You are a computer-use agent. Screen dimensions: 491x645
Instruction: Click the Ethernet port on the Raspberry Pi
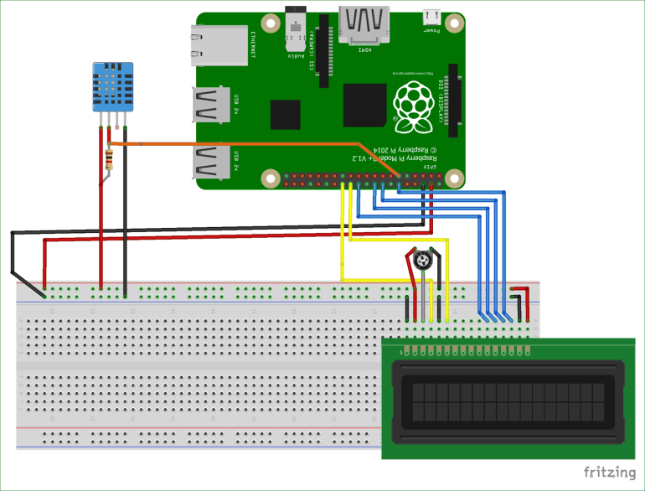[x=219, y=46]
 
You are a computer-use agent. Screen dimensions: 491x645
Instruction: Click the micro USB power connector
[x=432, y=17]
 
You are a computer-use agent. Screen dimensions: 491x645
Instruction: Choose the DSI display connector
[x=455, y=100]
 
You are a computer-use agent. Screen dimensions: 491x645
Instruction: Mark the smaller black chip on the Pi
[x=285, y=115]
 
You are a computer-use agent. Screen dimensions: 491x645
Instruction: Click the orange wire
[x=251, y=144]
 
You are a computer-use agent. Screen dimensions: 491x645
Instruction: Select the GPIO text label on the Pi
[x=430, y=168]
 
